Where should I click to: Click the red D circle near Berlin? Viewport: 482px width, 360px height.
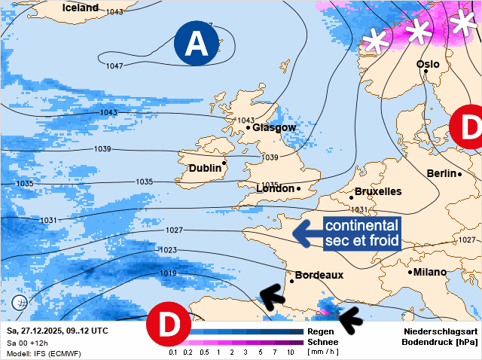(468, 127)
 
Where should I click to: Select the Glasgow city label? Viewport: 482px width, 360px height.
(274, 127)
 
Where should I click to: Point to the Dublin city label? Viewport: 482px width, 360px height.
(205, 168)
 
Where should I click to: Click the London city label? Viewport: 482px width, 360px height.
(276, 188)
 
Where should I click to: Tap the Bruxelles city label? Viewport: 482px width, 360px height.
(377, 192)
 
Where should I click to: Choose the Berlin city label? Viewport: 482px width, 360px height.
(441, 173)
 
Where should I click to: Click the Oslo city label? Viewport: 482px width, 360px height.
(428, 65)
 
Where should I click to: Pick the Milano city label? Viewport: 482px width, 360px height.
(429, 272)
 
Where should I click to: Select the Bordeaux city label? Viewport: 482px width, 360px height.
(319, 276)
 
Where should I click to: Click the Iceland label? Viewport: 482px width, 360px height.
(81, 8)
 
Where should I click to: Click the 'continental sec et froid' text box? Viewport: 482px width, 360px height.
(361, 233)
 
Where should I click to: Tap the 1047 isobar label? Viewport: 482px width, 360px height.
(114, 66)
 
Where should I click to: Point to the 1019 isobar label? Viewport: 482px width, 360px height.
(168, 273)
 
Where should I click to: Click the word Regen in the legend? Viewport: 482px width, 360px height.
(316, 331)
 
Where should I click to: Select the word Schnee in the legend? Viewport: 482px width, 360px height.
(319, 342)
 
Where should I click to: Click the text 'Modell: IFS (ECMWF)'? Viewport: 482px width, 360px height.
(44, 353)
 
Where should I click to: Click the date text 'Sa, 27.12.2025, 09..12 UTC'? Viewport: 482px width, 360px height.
(58, 331)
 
